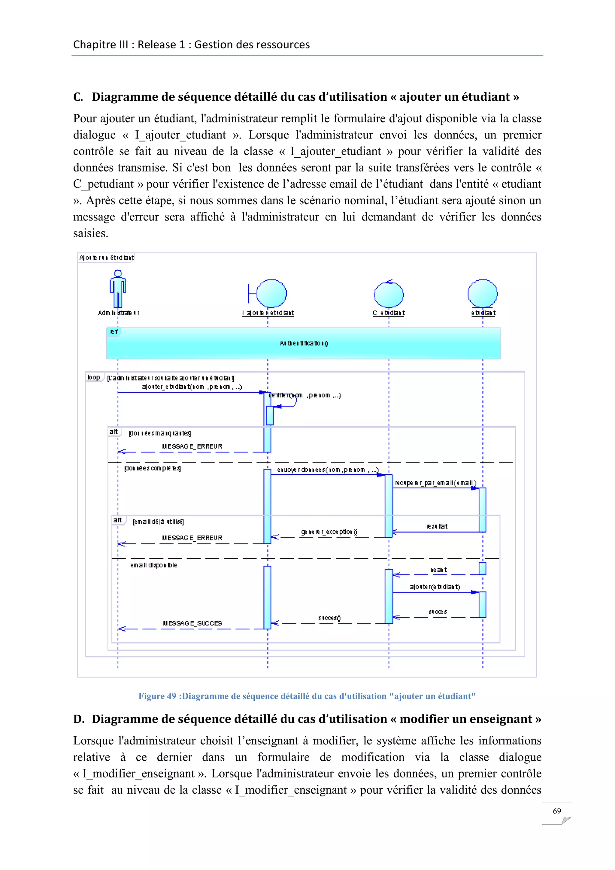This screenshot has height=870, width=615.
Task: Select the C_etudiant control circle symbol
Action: tap(389, 294)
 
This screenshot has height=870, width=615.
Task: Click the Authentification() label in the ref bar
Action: tap(304, 343)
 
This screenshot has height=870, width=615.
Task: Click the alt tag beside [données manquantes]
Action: tap(114, 432)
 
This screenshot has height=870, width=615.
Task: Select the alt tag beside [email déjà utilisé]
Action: tap(118, 520)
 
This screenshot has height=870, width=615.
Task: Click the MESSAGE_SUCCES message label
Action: tap(192, 623)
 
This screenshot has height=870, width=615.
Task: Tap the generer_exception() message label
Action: tap(329, 532)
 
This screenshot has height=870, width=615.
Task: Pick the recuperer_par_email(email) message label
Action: tap(435, 483)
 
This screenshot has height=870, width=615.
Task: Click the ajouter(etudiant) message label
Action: tap(435, 587)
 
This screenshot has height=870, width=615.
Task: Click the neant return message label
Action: tap(438, 570)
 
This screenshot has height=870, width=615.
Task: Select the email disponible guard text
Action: tap(153, 565)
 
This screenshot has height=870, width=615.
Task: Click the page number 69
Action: tap(556, 811)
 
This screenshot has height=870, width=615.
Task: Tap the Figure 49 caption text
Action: tap(307, 696)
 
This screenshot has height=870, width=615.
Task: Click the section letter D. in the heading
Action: tap(79, 719)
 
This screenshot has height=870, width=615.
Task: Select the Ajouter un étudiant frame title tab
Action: tap(106, 258)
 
